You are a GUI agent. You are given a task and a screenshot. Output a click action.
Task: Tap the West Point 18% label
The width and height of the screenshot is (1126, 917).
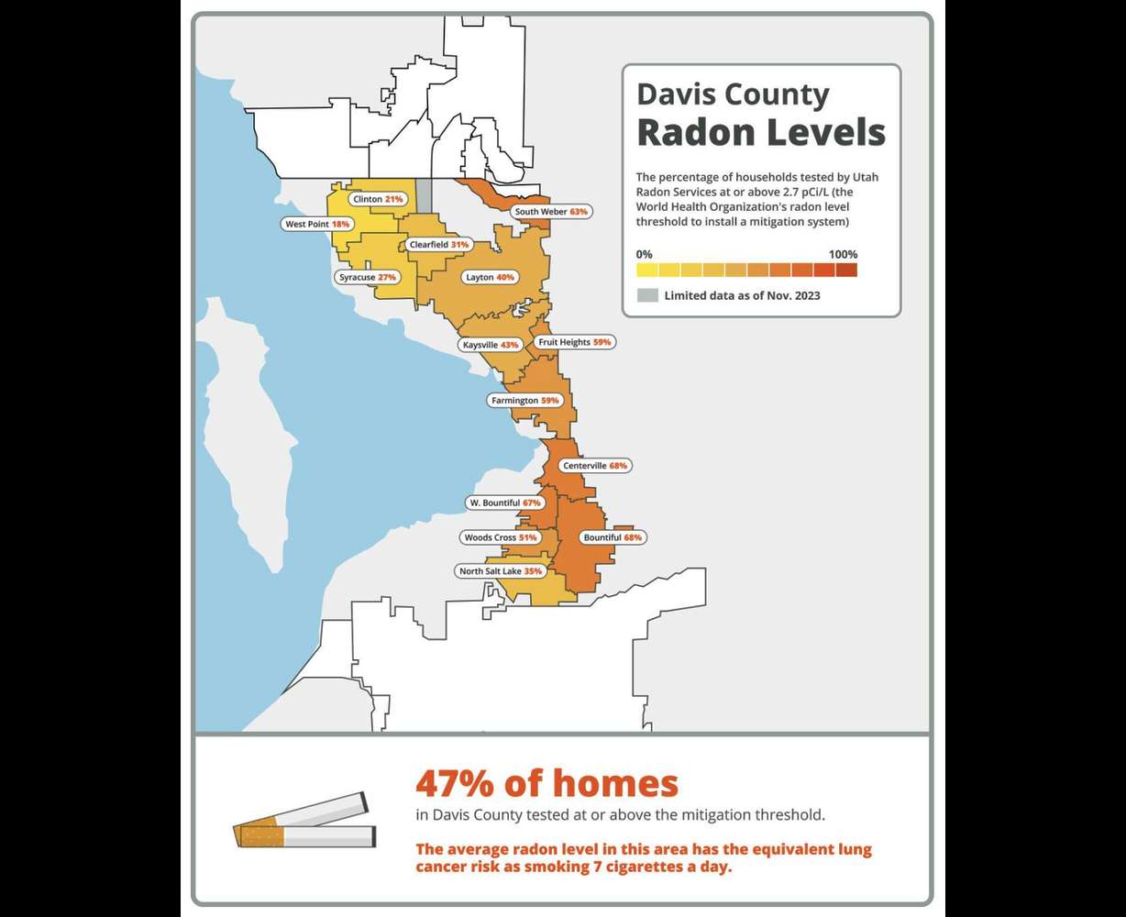pos(317,224)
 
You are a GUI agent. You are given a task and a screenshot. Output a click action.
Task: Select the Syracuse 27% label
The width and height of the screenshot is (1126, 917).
pos(367,277)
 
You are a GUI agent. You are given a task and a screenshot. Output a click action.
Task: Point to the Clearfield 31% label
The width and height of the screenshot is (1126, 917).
pos(438,245)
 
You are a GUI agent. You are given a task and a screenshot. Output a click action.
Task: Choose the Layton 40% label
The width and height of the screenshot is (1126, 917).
pos(491,277)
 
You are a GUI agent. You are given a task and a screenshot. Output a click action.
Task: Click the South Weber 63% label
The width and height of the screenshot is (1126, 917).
pos(550,212)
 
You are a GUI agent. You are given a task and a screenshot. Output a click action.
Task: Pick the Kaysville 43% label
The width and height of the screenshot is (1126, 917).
pos(491,345)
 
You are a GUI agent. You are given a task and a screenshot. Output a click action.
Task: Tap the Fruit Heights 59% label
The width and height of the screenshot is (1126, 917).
pos(574,342)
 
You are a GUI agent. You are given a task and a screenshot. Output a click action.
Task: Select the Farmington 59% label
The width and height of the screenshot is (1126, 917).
pos(524,401)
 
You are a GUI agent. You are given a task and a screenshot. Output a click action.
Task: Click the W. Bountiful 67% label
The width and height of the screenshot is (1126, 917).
pos(504,503)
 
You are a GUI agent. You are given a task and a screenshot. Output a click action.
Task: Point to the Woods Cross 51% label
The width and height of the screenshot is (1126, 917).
pos(500,537)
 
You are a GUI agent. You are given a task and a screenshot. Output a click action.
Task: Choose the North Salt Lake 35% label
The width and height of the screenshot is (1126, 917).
pos(500,571)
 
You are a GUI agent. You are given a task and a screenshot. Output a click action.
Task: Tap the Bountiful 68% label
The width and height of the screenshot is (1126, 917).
pos(612,537)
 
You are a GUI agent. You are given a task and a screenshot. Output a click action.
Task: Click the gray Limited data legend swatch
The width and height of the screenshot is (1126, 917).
pos(647,295)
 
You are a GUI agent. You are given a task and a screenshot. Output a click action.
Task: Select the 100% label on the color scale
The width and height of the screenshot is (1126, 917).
pos(842,254)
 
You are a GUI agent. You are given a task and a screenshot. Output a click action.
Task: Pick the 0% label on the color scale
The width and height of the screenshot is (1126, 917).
pos(645,254)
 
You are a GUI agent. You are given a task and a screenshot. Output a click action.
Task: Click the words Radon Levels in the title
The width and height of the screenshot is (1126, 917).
pos(761,132)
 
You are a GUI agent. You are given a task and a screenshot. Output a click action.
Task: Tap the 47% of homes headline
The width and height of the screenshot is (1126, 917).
pos(546,784)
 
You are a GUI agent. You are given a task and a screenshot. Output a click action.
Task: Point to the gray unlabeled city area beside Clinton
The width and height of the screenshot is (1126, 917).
pos(424,195)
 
